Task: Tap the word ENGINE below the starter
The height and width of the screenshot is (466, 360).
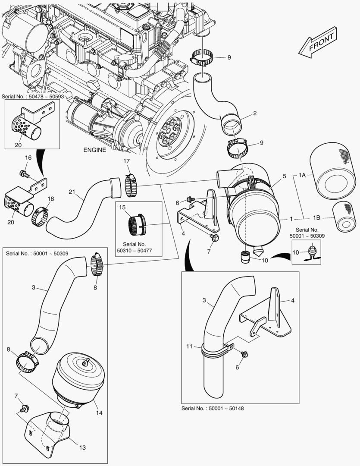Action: coord(94,150)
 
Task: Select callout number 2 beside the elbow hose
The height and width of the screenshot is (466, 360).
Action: coord(255,113)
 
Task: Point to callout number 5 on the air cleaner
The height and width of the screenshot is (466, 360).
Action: coord(284,176)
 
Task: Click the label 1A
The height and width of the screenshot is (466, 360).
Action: coord(302,176)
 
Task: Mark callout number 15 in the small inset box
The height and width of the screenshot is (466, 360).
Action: coord(122,208)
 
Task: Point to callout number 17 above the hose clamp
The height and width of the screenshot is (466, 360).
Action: coord(127,161)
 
